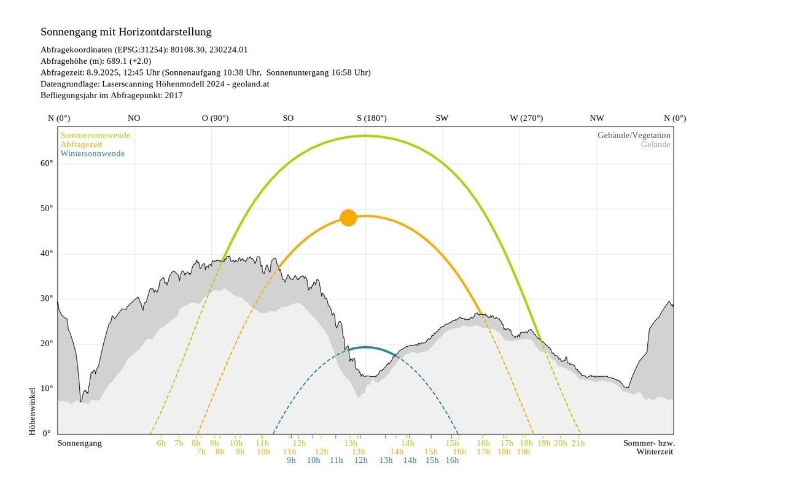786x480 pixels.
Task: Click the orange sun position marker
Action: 348,217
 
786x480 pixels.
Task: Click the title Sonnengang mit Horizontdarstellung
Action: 126,32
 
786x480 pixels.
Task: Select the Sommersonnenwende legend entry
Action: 95,135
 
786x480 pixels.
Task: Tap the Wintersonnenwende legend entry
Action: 92,153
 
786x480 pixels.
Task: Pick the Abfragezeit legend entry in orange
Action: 82,144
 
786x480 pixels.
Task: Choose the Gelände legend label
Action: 655,144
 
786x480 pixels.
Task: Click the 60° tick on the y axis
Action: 47,163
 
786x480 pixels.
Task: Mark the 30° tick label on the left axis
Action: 47,298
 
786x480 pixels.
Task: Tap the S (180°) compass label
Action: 372,118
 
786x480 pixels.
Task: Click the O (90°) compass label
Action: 215,118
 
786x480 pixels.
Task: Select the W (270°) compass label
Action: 526,118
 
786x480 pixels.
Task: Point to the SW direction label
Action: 442,118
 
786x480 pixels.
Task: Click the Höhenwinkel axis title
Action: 33,411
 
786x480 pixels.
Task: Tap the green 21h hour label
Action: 578,443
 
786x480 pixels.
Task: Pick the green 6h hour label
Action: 161,443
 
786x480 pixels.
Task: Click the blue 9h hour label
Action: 291,460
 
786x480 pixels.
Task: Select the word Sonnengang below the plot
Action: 80,443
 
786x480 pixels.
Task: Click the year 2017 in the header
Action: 174,95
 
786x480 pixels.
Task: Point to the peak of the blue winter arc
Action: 365,347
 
